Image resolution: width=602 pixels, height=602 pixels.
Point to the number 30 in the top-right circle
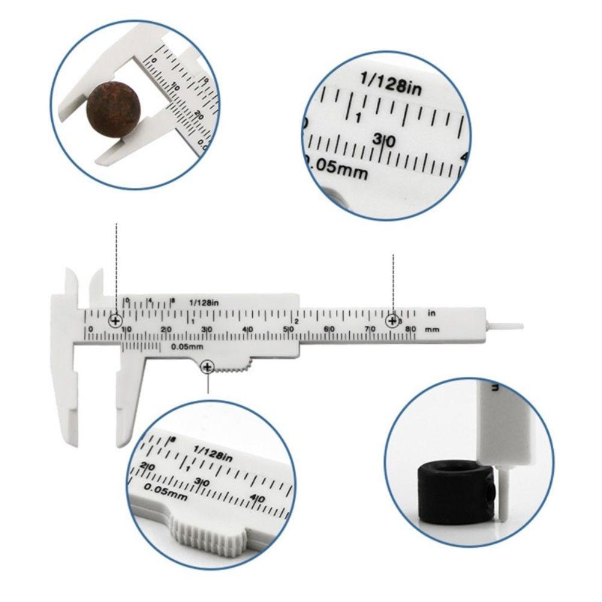[x=383, y=141]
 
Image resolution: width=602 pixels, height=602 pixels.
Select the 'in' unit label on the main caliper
[x=431, y=313]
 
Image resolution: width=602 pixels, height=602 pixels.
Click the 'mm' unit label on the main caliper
[x=431, y=330]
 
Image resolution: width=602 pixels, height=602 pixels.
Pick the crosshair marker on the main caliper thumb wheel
[x=208, y=367]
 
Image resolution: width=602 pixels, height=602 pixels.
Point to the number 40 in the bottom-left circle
[x=258, y=498]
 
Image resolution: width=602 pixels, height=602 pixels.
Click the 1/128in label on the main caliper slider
[x=203, y=302]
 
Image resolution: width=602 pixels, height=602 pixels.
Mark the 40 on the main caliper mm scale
[x=247, y=329]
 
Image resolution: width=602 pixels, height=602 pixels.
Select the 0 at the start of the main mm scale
[x=90, y=329]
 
